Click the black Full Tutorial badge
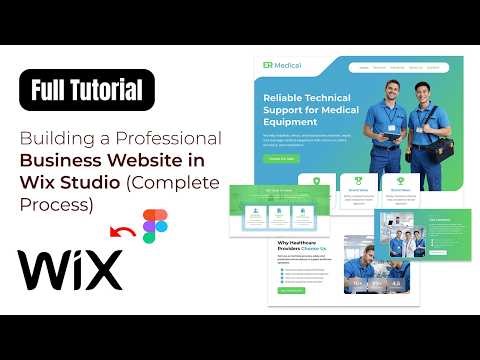[x=87, y=91]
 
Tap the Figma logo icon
[x=156, y=226]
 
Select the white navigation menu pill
[x=396, y=68]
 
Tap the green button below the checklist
[x=291, y=291]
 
